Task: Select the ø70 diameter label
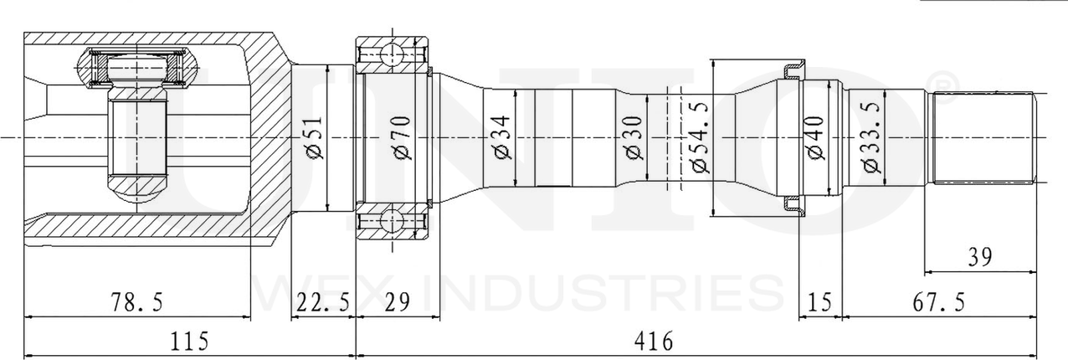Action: pos(399,136)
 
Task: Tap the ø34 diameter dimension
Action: pos(502,136)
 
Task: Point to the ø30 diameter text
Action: pos(633,136)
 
